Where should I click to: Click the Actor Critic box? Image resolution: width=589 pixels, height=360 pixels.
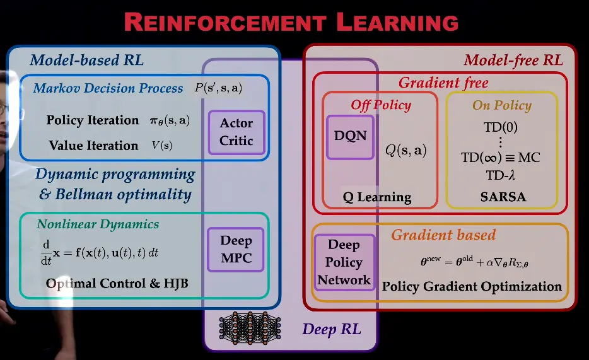click(236, 132)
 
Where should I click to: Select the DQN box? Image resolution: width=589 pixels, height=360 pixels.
click(350, 136)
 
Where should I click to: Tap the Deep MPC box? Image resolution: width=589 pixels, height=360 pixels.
click(236, 249)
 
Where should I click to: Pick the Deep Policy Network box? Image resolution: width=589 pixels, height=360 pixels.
click(344, 262)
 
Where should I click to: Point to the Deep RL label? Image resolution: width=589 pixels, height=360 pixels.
click(331, 329)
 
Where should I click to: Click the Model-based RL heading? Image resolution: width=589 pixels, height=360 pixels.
click(87, 61)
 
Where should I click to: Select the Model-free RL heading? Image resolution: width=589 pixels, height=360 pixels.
click(513, 61)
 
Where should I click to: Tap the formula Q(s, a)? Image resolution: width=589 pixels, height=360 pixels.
click(405, 150)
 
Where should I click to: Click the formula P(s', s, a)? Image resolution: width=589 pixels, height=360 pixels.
click(218, 88)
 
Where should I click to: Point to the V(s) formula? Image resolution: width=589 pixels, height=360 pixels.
click(162, 146)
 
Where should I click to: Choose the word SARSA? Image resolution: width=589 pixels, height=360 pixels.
click(503, 197)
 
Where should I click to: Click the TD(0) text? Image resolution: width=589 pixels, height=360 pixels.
click(501, 127)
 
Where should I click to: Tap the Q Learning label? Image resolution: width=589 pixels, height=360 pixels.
click(377, 197)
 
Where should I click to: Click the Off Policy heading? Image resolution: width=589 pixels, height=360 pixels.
click(381, 105)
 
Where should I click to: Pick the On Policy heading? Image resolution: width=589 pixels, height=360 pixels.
click(502, 105)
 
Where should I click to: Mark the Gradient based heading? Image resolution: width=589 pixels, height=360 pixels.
click(443, 235)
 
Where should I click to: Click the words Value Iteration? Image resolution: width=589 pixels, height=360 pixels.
click(93, 146)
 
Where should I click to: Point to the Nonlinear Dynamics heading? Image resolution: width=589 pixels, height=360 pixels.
click(98, 224)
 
